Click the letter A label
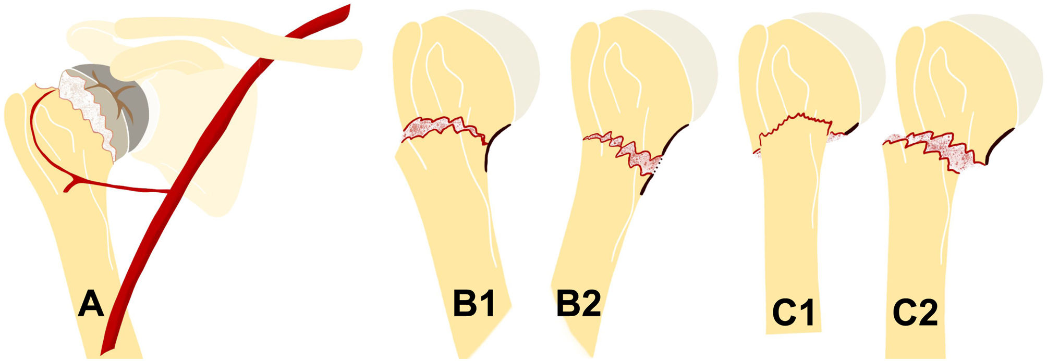[x=91, y=305]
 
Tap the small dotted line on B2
[x=658, y=166]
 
